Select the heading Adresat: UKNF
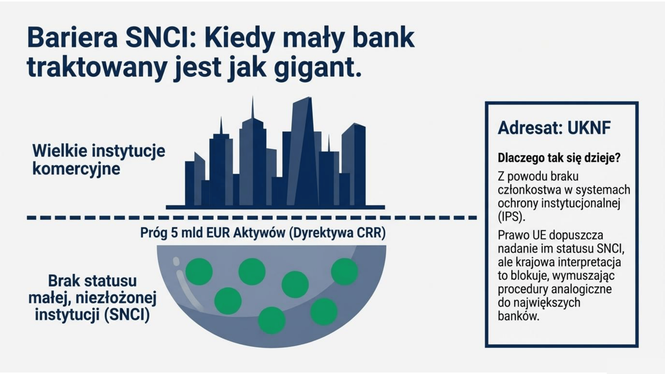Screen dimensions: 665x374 point(554,128)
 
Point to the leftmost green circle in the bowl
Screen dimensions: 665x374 point(199,272)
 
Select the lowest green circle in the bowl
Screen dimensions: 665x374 point(272,320)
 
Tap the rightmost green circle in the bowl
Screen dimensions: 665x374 point(344,272)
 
